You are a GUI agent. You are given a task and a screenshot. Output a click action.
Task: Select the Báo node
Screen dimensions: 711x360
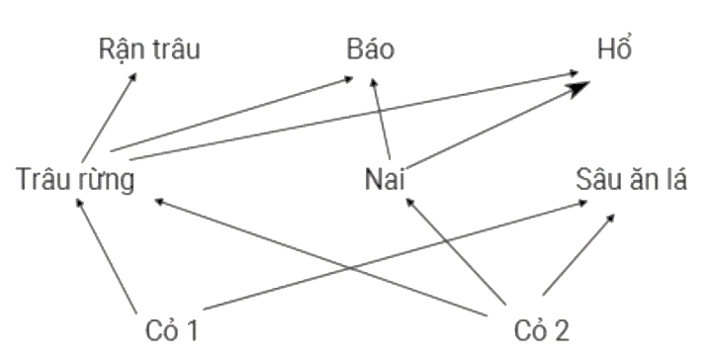click(x=371, y=48)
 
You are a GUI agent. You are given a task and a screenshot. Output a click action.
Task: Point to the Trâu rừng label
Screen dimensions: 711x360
click(x=75, y=180)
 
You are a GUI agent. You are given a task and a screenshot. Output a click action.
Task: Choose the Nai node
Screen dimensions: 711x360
click(x=387, y=180)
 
